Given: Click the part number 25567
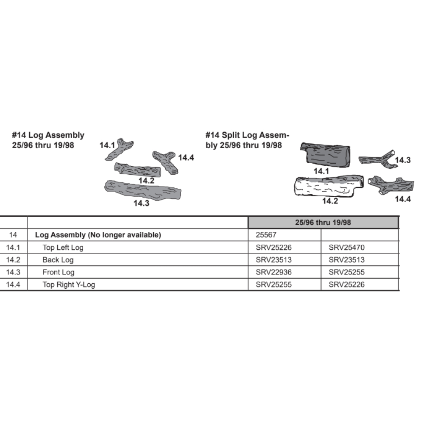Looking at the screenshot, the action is (x=266, y=235).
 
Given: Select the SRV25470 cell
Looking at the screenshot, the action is (x=346, y=247).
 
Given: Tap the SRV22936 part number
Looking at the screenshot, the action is (x=273, y=272).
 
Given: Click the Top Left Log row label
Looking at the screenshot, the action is (x=63, y=248).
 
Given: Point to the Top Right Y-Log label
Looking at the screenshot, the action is (x=69, y=285).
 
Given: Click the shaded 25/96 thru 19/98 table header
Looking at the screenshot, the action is (x=323, y=222).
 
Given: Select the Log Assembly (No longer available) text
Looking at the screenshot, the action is (x=98, y=235).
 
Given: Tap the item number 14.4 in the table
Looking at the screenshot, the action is (x=13, y=285).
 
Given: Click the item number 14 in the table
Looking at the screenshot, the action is (x=13, y=235).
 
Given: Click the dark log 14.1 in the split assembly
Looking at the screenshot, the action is (x=325, y=155).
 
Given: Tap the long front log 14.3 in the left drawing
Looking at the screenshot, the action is (x=142, y=190).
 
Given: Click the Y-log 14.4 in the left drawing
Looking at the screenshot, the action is (x=165, y=162).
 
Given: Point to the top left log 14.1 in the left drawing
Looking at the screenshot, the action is (x=119, y=150).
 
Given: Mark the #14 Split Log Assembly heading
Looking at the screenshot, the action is (x=247, y=140).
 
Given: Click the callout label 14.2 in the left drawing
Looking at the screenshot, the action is (x=146, y=181).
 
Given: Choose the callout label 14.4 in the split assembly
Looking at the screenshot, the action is (x=403, y=199).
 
